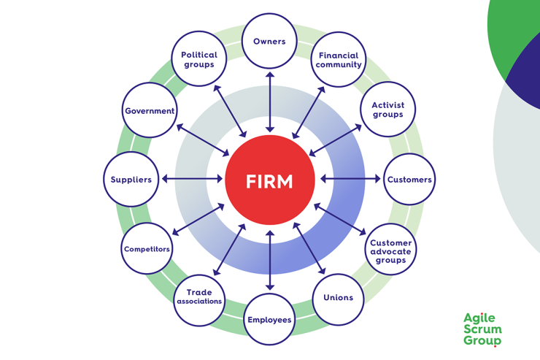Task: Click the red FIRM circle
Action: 270,180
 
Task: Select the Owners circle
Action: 269,42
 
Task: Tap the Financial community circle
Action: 338,60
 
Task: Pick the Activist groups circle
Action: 387,110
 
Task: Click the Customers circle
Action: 409,180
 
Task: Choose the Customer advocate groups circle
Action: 390,250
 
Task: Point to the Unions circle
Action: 338,298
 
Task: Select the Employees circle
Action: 269,319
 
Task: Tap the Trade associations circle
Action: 199,297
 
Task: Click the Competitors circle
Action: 147,249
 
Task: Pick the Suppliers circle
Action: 131,180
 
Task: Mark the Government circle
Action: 150,111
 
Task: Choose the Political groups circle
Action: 199,59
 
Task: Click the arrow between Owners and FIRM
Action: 270,102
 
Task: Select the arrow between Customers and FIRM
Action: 350,179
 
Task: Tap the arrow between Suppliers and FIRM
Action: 192,179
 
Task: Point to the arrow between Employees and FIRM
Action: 270,260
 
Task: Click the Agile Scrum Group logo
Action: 482,329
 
